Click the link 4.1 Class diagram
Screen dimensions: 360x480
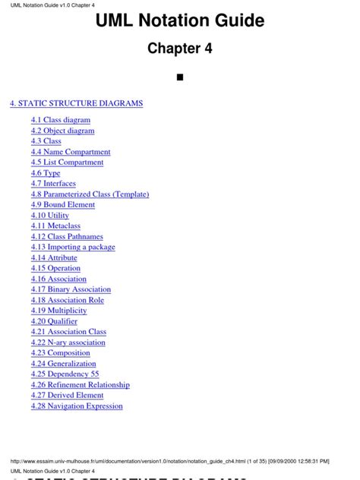[61, 120]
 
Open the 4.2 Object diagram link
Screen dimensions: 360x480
[63, 131]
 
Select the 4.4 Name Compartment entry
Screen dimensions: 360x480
[71, 152]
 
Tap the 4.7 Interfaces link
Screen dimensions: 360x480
[54, 184]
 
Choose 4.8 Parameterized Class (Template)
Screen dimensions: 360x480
[90, 194]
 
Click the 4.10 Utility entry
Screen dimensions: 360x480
[51, 215]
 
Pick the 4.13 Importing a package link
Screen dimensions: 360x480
[73, 247]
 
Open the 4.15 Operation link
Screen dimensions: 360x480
[55, 268]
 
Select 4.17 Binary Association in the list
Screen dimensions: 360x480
[71, 289]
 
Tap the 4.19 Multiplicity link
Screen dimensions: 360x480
[59, 311]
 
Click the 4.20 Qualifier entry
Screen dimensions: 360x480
[54, 321]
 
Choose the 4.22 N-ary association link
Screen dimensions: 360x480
[68, 343]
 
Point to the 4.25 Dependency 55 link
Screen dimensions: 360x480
[65, 374]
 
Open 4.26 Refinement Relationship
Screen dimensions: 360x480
[81, 385]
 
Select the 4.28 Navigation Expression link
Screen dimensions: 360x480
[77, 406]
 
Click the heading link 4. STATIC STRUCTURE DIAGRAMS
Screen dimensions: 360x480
[76, 103]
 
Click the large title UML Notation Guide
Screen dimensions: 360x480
[180, 22]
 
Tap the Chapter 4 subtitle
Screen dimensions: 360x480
[180, 49]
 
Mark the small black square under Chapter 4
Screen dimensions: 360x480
[180, 77]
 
